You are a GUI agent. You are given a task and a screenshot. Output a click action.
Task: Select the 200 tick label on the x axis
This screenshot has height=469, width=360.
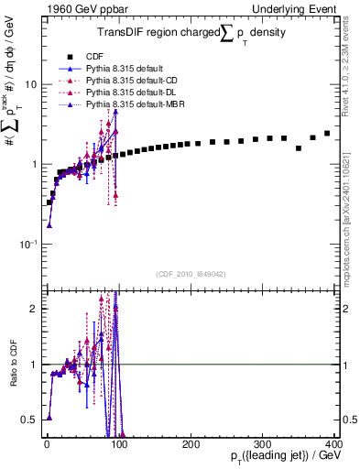click(190, 444)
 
